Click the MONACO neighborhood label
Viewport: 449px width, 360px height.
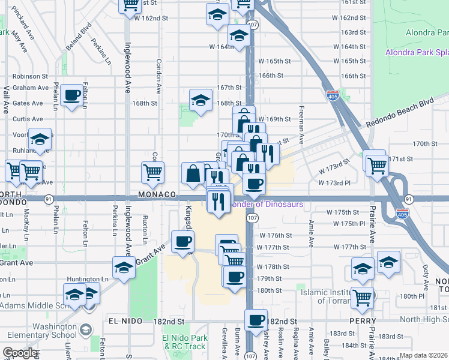(x=156, y=195)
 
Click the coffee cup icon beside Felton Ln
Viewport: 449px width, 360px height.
(x=71, y=95)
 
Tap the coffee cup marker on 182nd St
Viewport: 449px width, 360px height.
(x=256, y=320)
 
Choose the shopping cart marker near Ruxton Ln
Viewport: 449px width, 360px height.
(x=152, y=172)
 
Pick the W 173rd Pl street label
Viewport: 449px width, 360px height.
(x=334, y=182)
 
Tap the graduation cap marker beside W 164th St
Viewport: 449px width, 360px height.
(x=239, y=37)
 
